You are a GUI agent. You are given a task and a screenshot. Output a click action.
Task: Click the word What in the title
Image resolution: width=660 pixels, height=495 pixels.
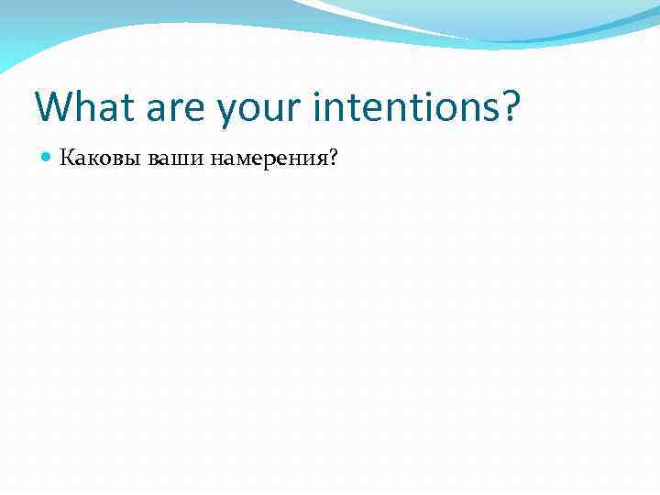coord(82,107)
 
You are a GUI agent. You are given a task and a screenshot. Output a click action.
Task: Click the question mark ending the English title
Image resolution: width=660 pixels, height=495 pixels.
coord(510,107)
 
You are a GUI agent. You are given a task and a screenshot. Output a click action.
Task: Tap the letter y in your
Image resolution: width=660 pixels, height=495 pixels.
coord(228,112)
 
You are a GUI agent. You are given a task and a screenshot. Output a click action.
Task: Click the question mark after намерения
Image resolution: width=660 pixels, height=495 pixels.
coord(333,159)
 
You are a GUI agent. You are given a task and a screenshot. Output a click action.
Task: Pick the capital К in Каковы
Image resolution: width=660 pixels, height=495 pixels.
coord(66,159)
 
